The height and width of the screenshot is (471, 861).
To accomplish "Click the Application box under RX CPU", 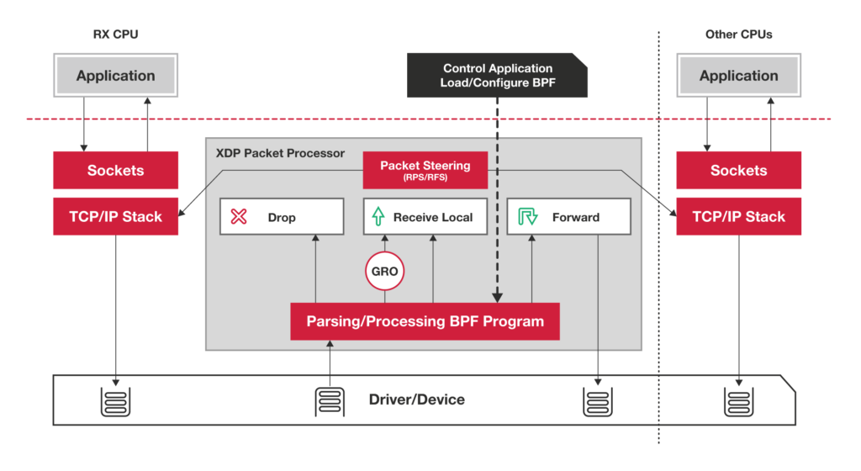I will pyautogui.click(x=115, y=76).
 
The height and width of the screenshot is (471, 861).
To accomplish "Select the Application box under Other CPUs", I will pyautogui.click(x=738, y=76).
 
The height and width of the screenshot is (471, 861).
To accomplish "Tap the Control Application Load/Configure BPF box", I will pyautogui.click(x=497, y=75).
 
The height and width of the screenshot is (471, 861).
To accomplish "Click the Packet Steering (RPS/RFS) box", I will pyautogui.click(x=425, y=170).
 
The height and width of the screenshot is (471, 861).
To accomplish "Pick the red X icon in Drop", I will pyautogui.click(x=239, y=217).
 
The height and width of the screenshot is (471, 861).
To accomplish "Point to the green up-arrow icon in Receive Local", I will pyautogui.click(x=378, y=217).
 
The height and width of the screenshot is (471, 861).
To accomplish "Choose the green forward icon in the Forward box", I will pyautogui.click(x=527, y=217).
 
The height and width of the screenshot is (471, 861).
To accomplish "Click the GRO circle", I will pyautogui.click(x=385, y=272).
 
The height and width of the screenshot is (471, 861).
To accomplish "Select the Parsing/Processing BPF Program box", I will pyautogui.click(x=425, y=321).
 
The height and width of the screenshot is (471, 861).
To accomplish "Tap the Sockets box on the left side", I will pyautogui.click(x=115, y=171).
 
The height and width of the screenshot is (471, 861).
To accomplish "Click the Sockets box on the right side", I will pyautogui.click(x=738, y=171).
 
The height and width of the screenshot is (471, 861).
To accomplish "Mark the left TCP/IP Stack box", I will pyautogui.click(x=115, y=216).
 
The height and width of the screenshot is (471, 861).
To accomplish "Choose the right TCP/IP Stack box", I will pyautogui.click(x=738, y=216).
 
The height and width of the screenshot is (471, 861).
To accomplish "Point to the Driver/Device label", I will pyautogui.click(x=416, y=400).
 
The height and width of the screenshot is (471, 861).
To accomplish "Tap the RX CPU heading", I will pyautogui.click(x=114, y=35).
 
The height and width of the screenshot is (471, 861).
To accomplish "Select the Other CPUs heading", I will pyautogui.click(x=738, y=35).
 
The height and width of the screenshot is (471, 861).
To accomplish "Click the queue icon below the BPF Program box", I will pyautogui.click(x=330, y=401).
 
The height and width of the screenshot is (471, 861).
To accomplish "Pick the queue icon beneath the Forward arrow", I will pyautogui.click(x=598, y=401).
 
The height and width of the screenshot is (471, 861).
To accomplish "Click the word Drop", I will pyautogui.click(x=282, y=217).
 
